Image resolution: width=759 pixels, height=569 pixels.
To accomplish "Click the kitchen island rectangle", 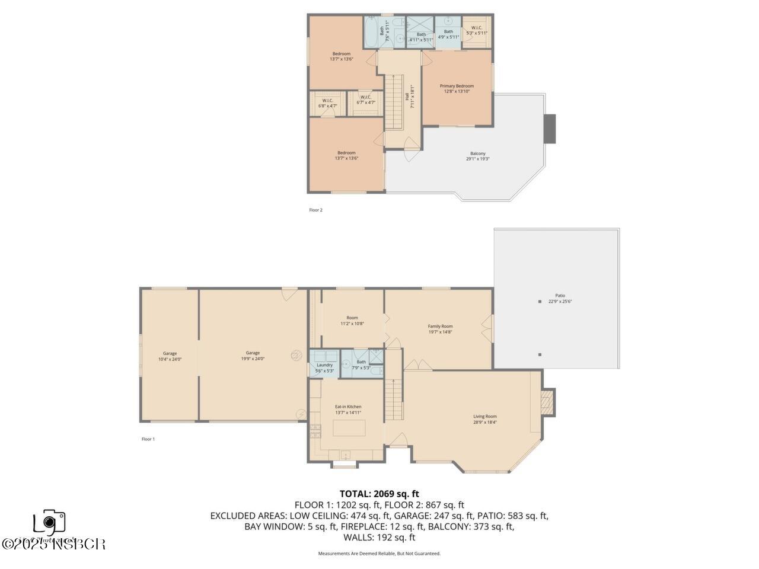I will click(349, 427).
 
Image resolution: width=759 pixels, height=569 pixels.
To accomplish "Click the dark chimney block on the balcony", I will click(550, 128).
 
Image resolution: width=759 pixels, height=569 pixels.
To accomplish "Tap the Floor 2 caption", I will click(315, 210).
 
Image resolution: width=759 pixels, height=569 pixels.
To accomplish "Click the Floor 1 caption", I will click(148, 439).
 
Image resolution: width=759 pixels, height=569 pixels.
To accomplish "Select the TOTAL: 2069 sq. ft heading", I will click(379, 493).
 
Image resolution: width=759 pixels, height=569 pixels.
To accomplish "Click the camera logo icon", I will click(49, 522).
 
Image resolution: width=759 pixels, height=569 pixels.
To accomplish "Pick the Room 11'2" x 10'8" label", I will click(352, 321).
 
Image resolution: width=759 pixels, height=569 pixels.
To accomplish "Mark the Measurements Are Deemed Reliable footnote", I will click(379, 554).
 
